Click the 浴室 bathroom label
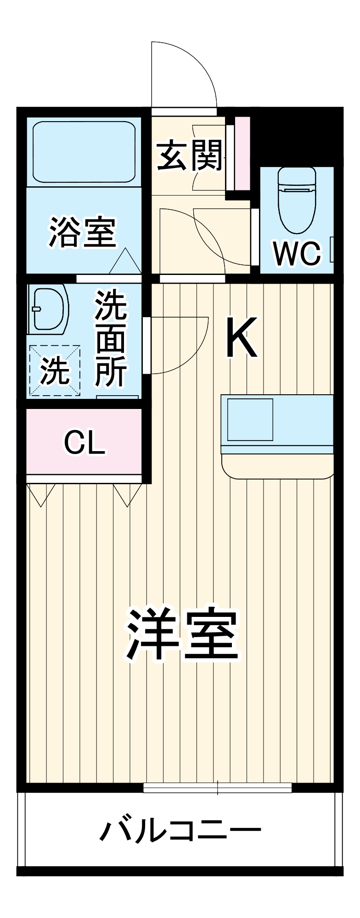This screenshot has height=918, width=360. [83, 232]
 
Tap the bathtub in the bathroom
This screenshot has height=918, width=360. [84, 152]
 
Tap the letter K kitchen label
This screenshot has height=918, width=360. [242, 338]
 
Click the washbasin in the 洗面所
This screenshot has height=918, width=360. [49, 308]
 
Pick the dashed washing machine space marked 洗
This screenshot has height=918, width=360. [55, 370]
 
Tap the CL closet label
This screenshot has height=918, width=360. [84, 442]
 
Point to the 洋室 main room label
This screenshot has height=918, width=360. [183, 634]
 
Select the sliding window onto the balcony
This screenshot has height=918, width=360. [218, 788]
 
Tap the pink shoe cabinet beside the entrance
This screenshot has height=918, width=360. [242, 153]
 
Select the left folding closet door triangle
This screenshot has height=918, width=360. [41, 494]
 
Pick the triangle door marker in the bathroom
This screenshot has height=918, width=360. [125, 262]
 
